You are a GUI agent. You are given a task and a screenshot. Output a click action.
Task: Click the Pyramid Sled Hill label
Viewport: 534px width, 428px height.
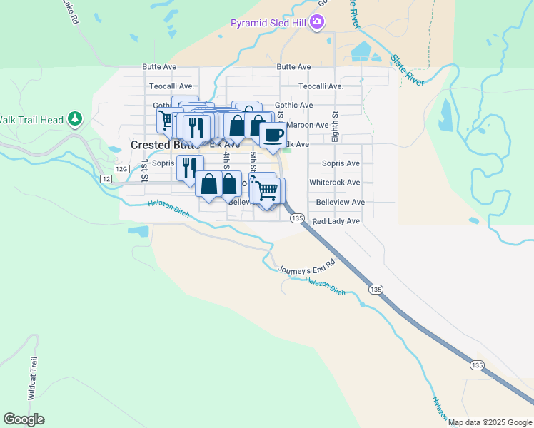[268, 24]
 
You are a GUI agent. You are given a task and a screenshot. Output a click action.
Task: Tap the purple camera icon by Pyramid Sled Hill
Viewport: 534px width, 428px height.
[317, 24]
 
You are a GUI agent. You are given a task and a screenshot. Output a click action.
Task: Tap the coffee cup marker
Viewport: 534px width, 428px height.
[271, 135]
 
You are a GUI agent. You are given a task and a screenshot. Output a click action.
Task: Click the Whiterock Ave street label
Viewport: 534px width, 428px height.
[334, 183]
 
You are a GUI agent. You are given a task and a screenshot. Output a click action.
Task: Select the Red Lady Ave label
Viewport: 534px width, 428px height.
[336, 221]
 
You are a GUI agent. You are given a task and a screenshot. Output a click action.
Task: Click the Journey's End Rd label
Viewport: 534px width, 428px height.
[305, 269]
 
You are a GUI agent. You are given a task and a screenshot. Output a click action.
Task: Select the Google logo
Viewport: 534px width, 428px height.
[24, 419]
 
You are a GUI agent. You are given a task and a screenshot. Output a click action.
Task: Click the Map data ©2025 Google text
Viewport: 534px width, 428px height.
[490, 422]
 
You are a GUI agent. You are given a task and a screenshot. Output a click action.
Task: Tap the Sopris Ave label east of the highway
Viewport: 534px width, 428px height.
[341, 163]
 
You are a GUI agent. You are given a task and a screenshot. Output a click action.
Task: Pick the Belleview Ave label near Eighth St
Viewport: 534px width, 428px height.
[340, 202]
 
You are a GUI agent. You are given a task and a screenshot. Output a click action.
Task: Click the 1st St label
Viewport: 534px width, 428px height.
[143, 171]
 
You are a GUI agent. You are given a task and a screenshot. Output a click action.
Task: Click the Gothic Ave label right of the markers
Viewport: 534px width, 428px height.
[294, 105]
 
